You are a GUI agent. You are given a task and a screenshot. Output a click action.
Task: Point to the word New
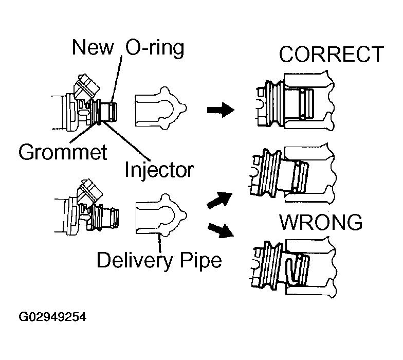(x=93, y=48)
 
